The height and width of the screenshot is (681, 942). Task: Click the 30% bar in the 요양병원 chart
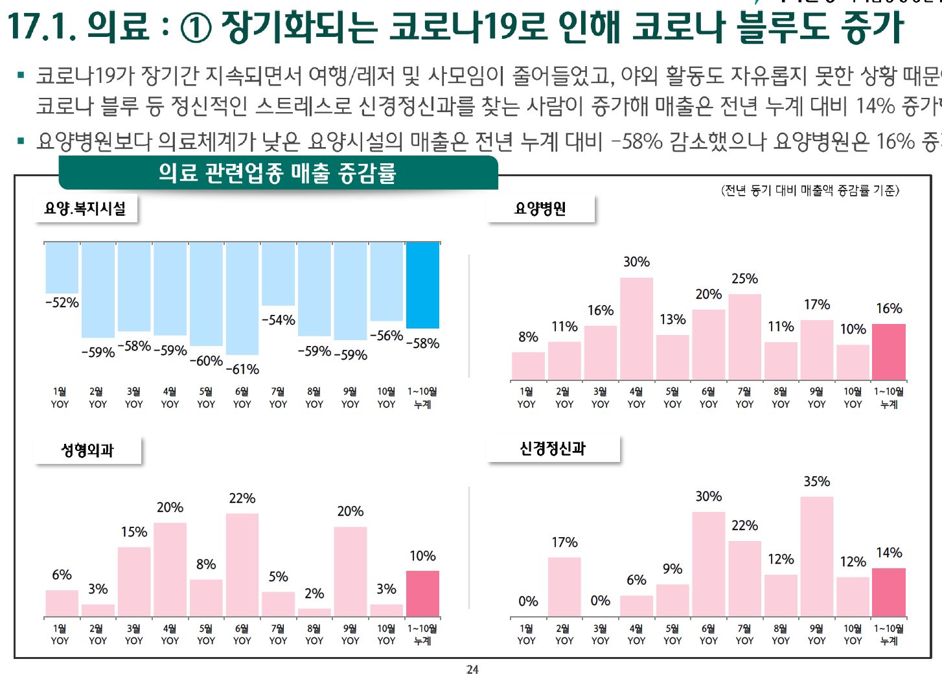pyautogui.click(x=636, y=329)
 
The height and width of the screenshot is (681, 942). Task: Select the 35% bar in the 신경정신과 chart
pyautogui.click(x=816, y=556)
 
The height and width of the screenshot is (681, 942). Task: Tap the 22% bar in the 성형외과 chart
pyautogui.click(x=242, y=564)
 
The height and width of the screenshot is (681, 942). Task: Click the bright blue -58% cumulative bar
pyautogui.click(x=422, y=285)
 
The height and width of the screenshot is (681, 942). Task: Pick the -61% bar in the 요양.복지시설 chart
pyautogui.click(x=242, y=298)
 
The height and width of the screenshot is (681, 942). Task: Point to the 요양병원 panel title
pyautogui.click(x=540, y=209)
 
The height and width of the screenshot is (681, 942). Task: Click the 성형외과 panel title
pyautogui.click(x=87, y=450)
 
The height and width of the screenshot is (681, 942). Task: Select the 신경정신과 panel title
pyautogui.click(x=553, y=448)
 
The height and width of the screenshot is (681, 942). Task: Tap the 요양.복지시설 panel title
pyautogui.click(x=85, y=209)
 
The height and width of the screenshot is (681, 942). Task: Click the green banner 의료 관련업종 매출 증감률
pyautogui.click(x=277, y=173)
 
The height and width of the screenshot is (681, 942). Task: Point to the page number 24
pyautogui.click(x=472, y=669)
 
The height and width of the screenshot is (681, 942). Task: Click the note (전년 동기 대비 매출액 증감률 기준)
pyautogui.click(x=810, y=190)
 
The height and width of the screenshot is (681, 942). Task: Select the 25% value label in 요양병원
pyautogui.click(x=744, y=279)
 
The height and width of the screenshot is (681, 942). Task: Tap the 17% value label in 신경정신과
pyautogui.click(x=564, y=542)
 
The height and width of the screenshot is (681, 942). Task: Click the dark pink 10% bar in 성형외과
pyautogui.click(x=422, y=594)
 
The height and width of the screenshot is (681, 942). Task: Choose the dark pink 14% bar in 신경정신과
pyautogui.click(x=889, y=592)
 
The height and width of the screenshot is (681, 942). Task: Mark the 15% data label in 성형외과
pyautogui.click(x=134, y=532)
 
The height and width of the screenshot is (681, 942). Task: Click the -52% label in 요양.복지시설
pyautogui.click(x=62, y=303)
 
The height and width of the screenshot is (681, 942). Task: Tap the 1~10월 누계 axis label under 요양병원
pyautogui.click(x=889, y=398)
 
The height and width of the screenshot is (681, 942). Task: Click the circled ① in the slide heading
pyautogui.click(x=195, y=27)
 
